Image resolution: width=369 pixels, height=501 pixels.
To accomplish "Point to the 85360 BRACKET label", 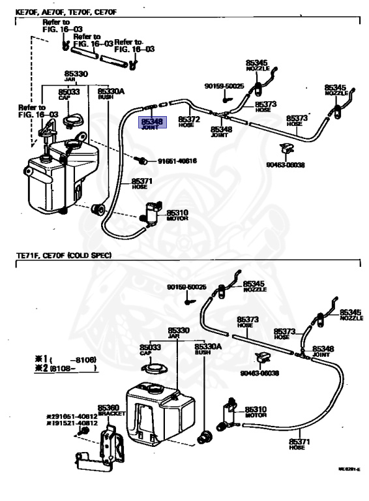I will click(x=108, y=410).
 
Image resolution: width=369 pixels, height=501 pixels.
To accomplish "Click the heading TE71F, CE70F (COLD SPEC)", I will click(x=63, y=256).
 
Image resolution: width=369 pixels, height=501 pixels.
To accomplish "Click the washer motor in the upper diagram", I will click(x=151, y=213).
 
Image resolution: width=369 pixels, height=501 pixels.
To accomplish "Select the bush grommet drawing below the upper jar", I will click(x=100, y=209).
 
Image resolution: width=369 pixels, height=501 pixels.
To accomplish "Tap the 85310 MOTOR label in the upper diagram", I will click(x=177, y=215).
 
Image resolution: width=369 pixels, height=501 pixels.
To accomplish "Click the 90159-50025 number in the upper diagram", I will click(x=224, y=86).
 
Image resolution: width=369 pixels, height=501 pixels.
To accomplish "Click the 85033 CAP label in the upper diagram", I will click(x=68, y=94).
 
